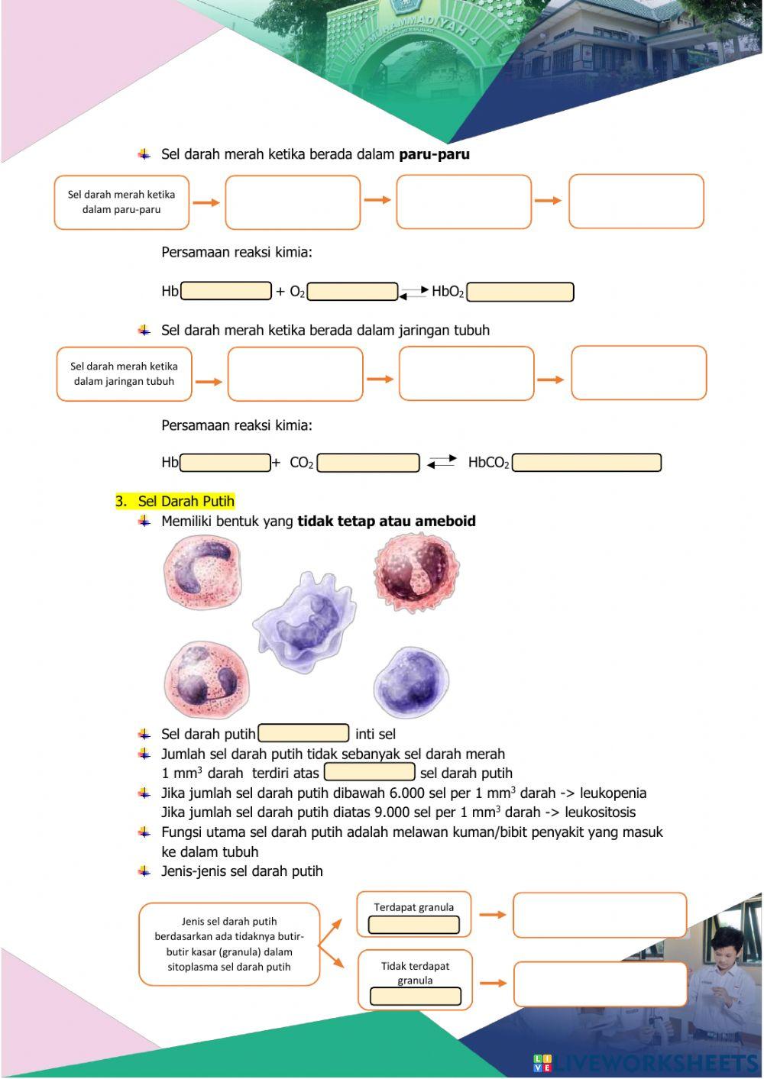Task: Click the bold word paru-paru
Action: tap(434, 154)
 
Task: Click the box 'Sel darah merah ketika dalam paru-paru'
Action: tap(121, 202)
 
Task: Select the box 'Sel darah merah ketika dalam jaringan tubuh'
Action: tap(124, 374)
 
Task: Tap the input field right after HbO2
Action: tap(520, 292)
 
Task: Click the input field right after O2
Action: tap(352, 292)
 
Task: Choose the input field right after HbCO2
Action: tap(586, 463)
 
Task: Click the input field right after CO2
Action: tap(368, 463)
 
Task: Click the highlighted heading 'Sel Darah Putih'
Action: tap(186, 502)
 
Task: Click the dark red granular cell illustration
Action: tap(416, 573)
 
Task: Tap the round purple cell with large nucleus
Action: tap(410, 682)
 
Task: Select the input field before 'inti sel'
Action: tap(303, 734)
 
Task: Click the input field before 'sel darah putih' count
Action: tap(369, 773)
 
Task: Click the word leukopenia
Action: tap(613, 793)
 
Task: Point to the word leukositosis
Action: tap(600, 812)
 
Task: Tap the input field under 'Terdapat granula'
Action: tap(413, 925)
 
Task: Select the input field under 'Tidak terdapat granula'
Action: tap(416, 997)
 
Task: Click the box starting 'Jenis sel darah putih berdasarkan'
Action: tap(229, 944)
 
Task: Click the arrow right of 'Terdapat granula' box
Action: tap(493, 914)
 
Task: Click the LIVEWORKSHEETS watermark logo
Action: tap(646, 1062)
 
